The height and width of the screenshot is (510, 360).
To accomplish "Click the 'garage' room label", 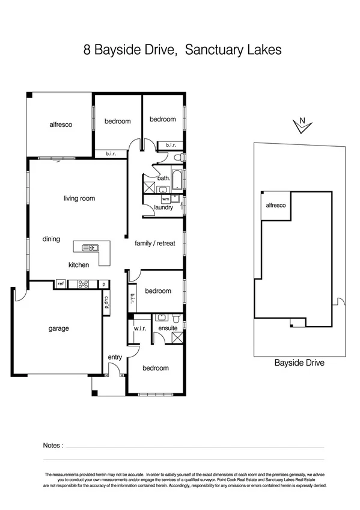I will click(59, 328).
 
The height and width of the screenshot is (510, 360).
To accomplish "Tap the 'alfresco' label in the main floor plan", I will click(61, 124).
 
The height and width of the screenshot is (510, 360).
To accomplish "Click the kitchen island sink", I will click(92, 247).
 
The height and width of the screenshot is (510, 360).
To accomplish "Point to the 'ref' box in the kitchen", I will click(61, 284).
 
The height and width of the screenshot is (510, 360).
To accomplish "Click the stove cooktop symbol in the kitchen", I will click(82, 284).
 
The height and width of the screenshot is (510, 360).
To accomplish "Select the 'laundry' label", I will click(163, 207).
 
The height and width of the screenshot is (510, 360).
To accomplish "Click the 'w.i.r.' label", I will click(140, 328).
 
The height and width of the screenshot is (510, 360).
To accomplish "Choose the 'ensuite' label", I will click(167, 328).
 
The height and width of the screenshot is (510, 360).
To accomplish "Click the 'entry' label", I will click(115, 357).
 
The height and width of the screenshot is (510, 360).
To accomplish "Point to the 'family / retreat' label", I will click(155, 244).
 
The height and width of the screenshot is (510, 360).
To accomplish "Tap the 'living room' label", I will click(79, 198).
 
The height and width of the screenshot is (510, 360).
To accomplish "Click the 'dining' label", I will click(51, 239).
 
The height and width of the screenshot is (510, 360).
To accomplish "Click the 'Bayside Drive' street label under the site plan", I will click(299, 363).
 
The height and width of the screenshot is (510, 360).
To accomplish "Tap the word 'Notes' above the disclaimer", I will click(53, 446).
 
